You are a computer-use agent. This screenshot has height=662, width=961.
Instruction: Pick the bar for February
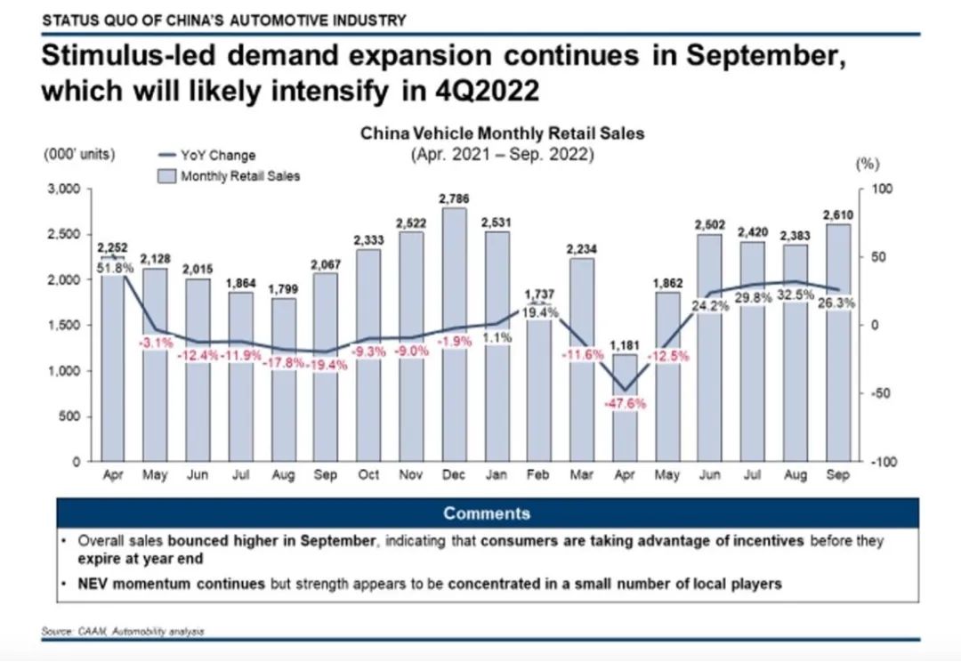[x=539, y=392]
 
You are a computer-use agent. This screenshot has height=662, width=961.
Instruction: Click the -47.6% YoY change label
[x=625, y=403]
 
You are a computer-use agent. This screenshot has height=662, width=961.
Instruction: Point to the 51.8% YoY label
[x=113, y=267]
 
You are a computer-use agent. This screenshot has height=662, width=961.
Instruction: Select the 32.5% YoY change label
[x=795, y=295]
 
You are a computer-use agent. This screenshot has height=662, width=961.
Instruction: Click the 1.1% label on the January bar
[x=497, y=337]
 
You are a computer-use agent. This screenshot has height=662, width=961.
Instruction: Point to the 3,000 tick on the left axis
[x=67, y=190]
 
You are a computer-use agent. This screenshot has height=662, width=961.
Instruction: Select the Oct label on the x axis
[x=368, y=476]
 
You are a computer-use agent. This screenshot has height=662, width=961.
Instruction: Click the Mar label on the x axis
[x=582, y=476]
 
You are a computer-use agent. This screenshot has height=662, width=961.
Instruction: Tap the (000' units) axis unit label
[x=78, y=154]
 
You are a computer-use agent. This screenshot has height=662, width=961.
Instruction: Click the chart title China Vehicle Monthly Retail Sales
[x=502, y=133]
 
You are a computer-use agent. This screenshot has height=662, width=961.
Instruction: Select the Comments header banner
[x=487, y=513]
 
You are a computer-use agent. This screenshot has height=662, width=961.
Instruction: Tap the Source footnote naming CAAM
[x=123, y=632]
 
